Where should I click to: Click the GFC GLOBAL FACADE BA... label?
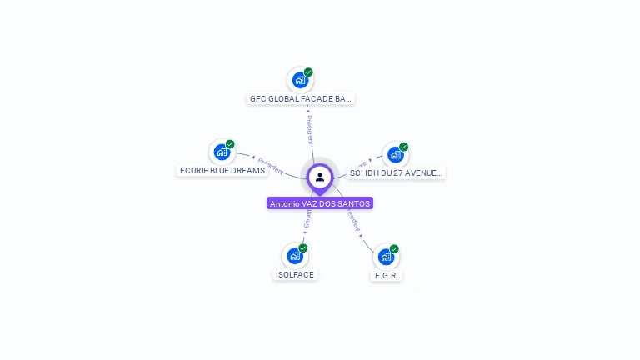[x=301, y=98]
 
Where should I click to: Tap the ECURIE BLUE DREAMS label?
[x=222, y=170]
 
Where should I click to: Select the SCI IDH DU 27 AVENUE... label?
[x=396, y=172]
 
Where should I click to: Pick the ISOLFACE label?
[x=295, y=274]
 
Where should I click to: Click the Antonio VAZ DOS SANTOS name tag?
[x=320, y=203]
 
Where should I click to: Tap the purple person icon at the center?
[x=320, y=177]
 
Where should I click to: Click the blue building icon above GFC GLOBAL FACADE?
[x=300, y=81]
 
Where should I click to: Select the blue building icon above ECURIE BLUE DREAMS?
[x=222, y=152]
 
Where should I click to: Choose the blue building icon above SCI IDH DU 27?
[x=395, y=154]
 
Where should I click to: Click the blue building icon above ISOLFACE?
[x=294, y=256]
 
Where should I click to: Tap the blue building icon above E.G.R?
[x=385, y=257]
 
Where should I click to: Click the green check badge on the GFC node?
[x=308, y=72]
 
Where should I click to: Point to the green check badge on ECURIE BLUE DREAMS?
[x=230, y=144]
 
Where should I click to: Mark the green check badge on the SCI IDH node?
[x=403, y=147]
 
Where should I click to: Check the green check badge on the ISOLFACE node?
[x=303, y=248]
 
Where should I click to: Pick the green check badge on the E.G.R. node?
[x=394, y=249]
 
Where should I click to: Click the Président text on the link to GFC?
[x=309, y=127]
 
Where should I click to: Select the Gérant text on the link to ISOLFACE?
[x=307, y=219]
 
